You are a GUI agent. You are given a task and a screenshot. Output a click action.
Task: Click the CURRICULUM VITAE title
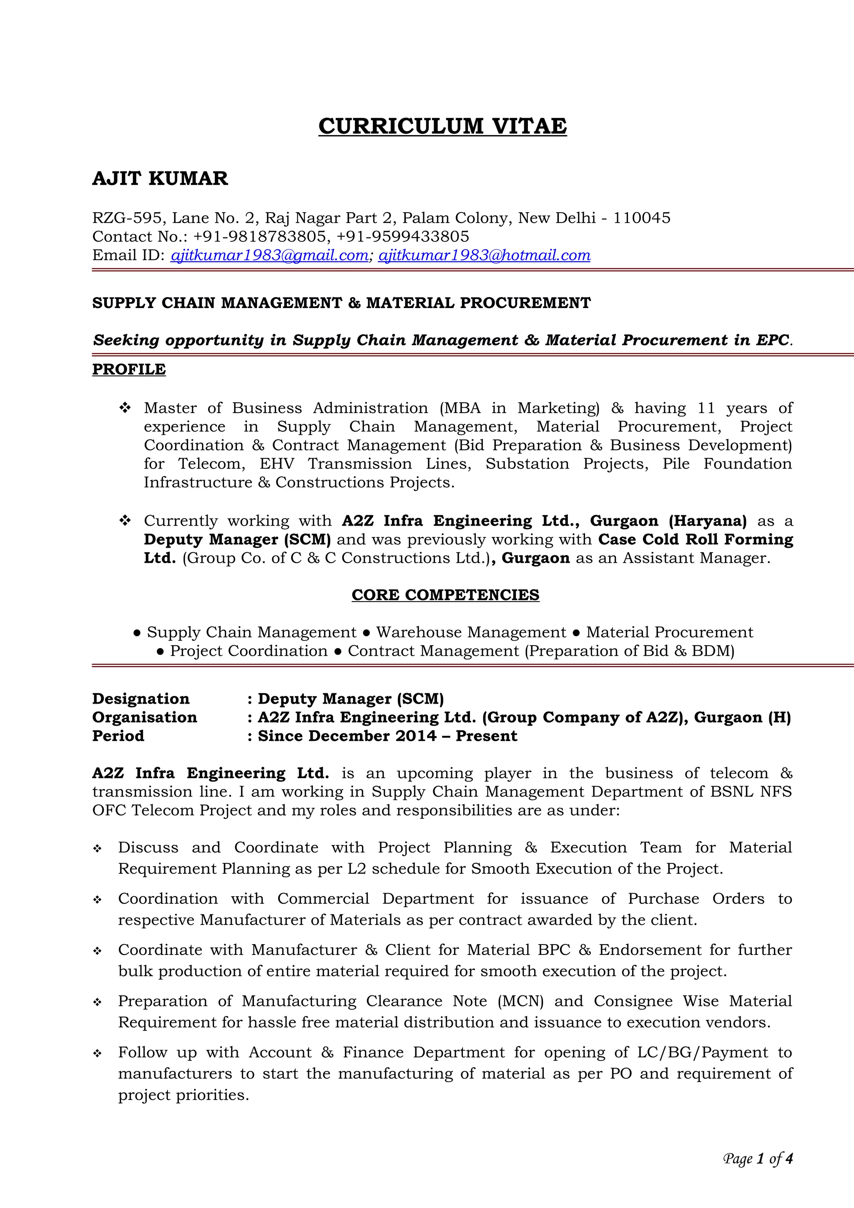click(442, 126)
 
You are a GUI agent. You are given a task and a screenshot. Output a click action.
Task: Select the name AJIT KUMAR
click(160, 178)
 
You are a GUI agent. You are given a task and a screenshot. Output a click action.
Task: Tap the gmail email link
click(269, 255)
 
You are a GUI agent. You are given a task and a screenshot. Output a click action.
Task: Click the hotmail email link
click(484, 255)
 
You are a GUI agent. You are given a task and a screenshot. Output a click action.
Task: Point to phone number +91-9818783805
click(260, 236)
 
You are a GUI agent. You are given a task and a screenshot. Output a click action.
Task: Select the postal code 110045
click(641, 218)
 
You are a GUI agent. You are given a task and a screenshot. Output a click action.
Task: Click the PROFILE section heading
click(129, 369)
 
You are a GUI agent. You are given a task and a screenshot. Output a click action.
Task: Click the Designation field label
click(141, 699)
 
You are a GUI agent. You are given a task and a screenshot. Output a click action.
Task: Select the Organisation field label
click(144, 717)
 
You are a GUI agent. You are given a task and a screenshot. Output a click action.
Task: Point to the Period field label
click(118, 736)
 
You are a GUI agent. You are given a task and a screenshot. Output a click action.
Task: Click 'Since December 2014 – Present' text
click(387, 736)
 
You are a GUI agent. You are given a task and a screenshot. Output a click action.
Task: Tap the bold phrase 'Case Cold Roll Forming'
click(695, 539)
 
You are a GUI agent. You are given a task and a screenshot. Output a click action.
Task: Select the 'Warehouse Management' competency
click(471, 632)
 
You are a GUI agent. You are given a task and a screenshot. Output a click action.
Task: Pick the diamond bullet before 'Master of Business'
click(125, 408)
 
